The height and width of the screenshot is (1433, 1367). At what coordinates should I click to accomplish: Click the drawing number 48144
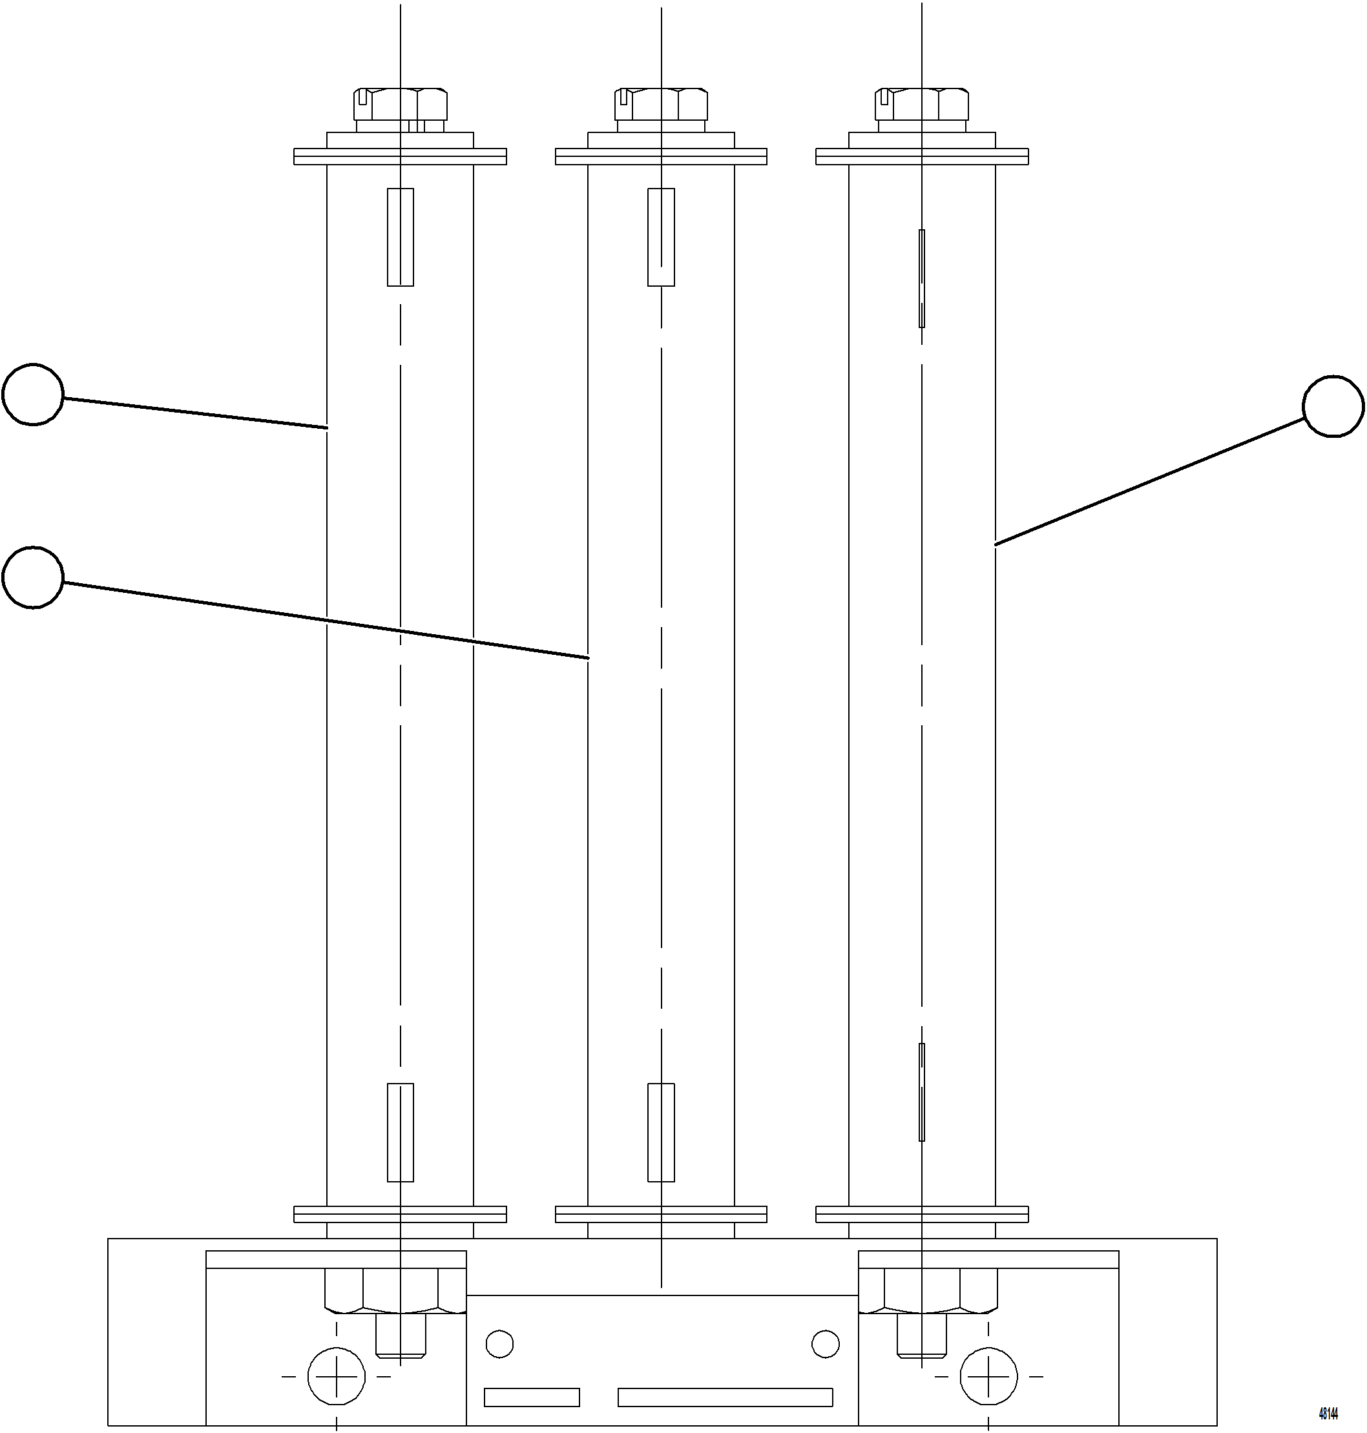pos(1328,1414)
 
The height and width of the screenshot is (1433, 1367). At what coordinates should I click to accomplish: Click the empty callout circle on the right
pos(1333,406)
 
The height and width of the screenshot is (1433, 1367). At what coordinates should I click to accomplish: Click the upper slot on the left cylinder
pos(400,238)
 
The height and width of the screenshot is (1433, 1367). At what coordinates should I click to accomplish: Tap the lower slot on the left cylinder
pos(400,1131)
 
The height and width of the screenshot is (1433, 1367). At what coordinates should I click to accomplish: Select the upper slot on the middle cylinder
pos(661,238)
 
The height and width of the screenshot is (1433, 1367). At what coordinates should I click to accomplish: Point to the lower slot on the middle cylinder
pos(661,1131)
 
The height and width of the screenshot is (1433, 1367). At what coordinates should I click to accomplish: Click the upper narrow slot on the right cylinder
pos(922,278)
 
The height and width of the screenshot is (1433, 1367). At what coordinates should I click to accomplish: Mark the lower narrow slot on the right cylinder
pos(922,1091)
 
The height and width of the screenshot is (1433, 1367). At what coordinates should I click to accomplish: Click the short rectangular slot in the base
pos(532,1397)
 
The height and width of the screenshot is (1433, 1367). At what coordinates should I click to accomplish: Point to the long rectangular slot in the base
pos(725,1397)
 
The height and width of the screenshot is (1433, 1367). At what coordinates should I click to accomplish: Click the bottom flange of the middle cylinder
pos(661,1213)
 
